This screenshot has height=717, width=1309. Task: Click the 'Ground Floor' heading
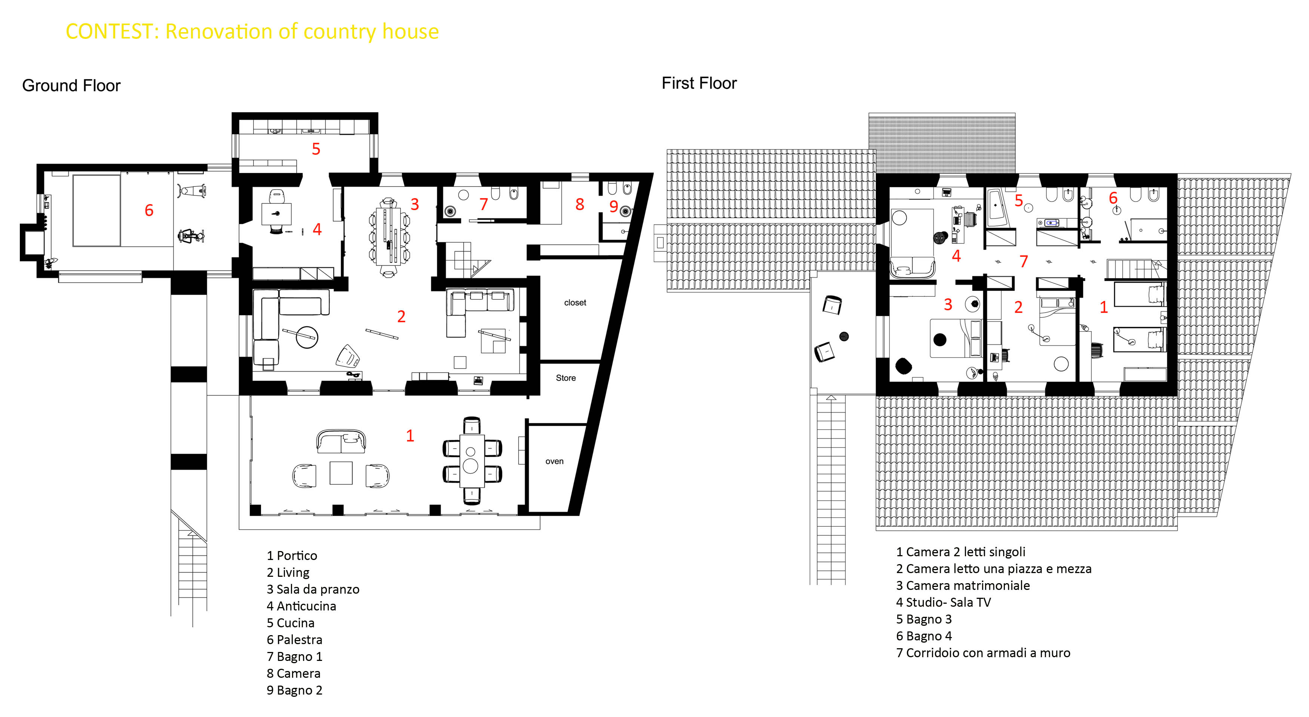[71, 85]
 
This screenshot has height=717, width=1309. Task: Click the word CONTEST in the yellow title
[109, 31]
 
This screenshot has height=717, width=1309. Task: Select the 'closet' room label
[575, 303]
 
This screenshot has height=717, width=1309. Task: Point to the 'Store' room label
[565, 378]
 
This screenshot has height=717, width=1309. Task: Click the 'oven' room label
[554, 461]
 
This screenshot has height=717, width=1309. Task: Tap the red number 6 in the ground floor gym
[149, 210]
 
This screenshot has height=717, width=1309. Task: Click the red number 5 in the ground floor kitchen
[316, 149]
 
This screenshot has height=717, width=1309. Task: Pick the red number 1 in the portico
[410, 436]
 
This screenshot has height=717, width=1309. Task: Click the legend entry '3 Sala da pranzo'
[313, 589]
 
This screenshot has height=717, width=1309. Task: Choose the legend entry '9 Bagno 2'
[294, 690]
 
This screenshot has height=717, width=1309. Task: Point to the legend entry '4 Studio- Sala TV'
[943, 602]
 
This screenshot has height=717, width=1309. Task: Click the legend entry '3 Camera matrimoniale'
[962, 585]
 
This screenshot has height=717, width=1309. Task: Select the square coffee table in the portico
[341, 473]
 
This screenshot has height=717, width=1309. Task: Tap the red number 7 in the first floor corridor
[1023, 262]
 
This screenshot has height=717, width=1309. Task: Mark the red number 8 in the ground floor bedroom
[580, 204]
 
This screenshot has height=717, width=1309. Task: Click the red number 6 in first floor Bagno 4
[1113, 198]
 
